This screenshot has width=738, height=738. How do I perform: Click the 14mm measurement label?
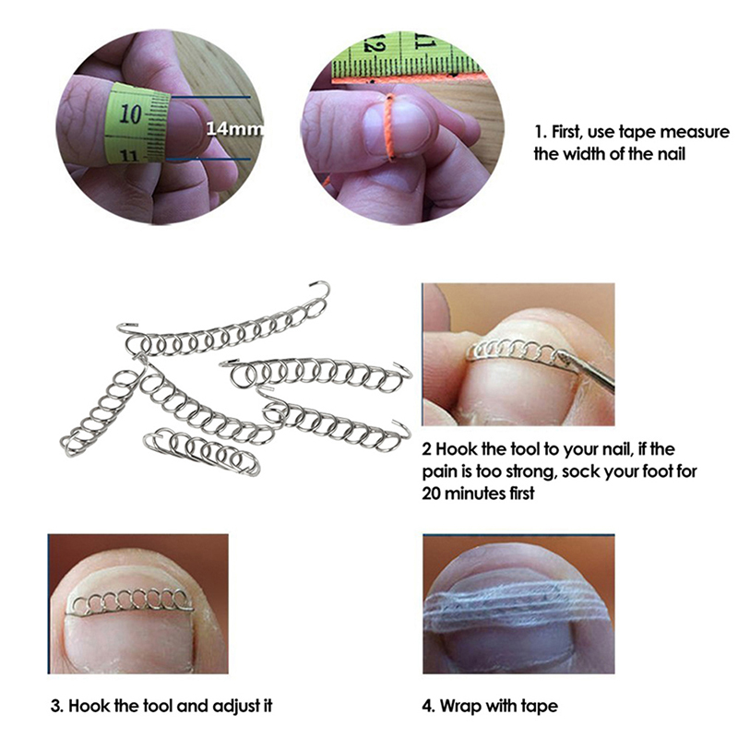234,128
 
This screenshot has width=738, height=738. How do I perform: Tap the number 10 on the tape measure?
130,113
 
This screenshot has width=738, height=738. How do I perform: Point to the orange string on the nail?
388,127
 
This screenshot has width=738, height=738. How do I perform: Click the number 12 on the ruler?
376,44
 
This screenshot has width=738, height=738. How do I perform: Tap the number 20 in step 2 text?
431,494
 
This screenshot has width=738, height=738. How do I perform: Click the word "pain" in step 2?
440,472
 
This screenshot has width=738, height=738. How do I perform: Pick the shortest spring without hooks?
202,450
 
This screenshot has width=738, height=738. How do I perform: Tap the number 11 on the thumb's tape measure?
129,155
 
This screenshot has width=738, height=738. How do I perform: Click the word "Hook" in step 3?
89,707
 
